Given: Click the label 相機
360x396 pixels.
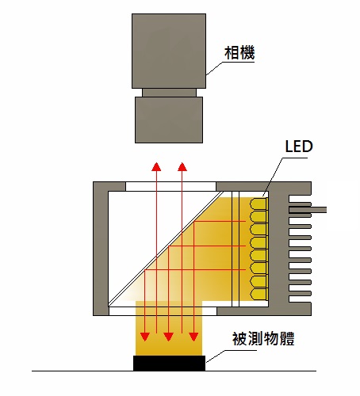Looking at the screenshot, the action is [x=239, y=53].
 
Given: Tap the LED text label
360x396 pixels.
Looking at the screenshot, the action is [x=299, y=147].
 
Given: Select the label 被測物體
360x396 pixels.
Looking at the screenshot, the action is [x=263, y=339].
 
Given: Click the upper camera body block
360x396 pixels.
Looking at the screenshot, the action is [x=169, y=51].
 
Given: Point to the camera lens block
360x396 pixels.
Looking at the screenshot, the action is [x=169, y=120].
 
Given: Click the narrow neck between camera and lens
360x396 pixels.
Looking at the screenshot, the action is [x=169, y=93].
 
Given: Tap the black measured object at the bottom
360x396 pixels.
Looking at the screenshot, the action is [x=169, y=363].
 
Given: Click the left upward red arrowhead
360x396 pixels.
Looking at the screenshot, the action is [x=157, y=166].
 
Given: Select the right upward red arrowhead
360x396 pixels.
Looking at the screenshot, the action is [x=182, y=166].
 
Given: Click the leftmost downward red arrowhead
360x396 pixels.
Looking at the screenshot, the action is [x=145, y=337].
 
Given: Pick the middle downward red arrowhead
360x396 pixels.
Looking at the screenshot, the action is [x=168, y=337].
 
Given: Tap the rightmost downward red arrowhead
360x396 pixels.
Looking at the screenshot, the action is [x=193, y=337].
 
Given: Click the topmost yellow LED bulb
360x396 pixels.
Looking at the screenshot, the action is [x=259, y=204].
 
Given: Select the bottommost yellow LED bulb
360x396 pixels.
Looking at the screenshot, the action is [x=259, y=294].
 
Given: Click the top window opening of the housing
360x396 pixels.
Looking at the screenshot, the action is [x=170, y=186].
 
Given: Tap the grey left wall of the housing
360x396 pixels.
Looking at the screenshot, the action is [x=101, y=249].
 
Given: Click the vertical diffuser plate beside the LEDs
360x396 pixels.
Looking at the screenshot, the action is [x=236, y=249].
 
